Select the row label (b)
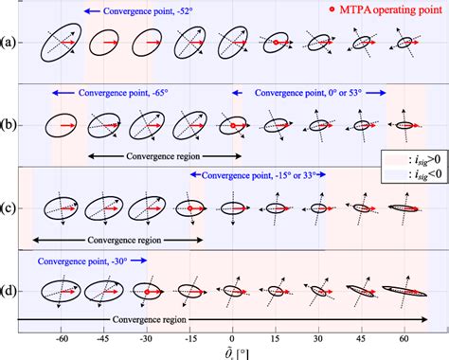click(x=9, y=125)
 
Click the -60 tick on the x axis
click(x=61, y=338)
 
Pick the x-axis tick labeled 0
click(x=233, y=338)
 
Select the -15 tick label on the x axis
click(x=189, y=338)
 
